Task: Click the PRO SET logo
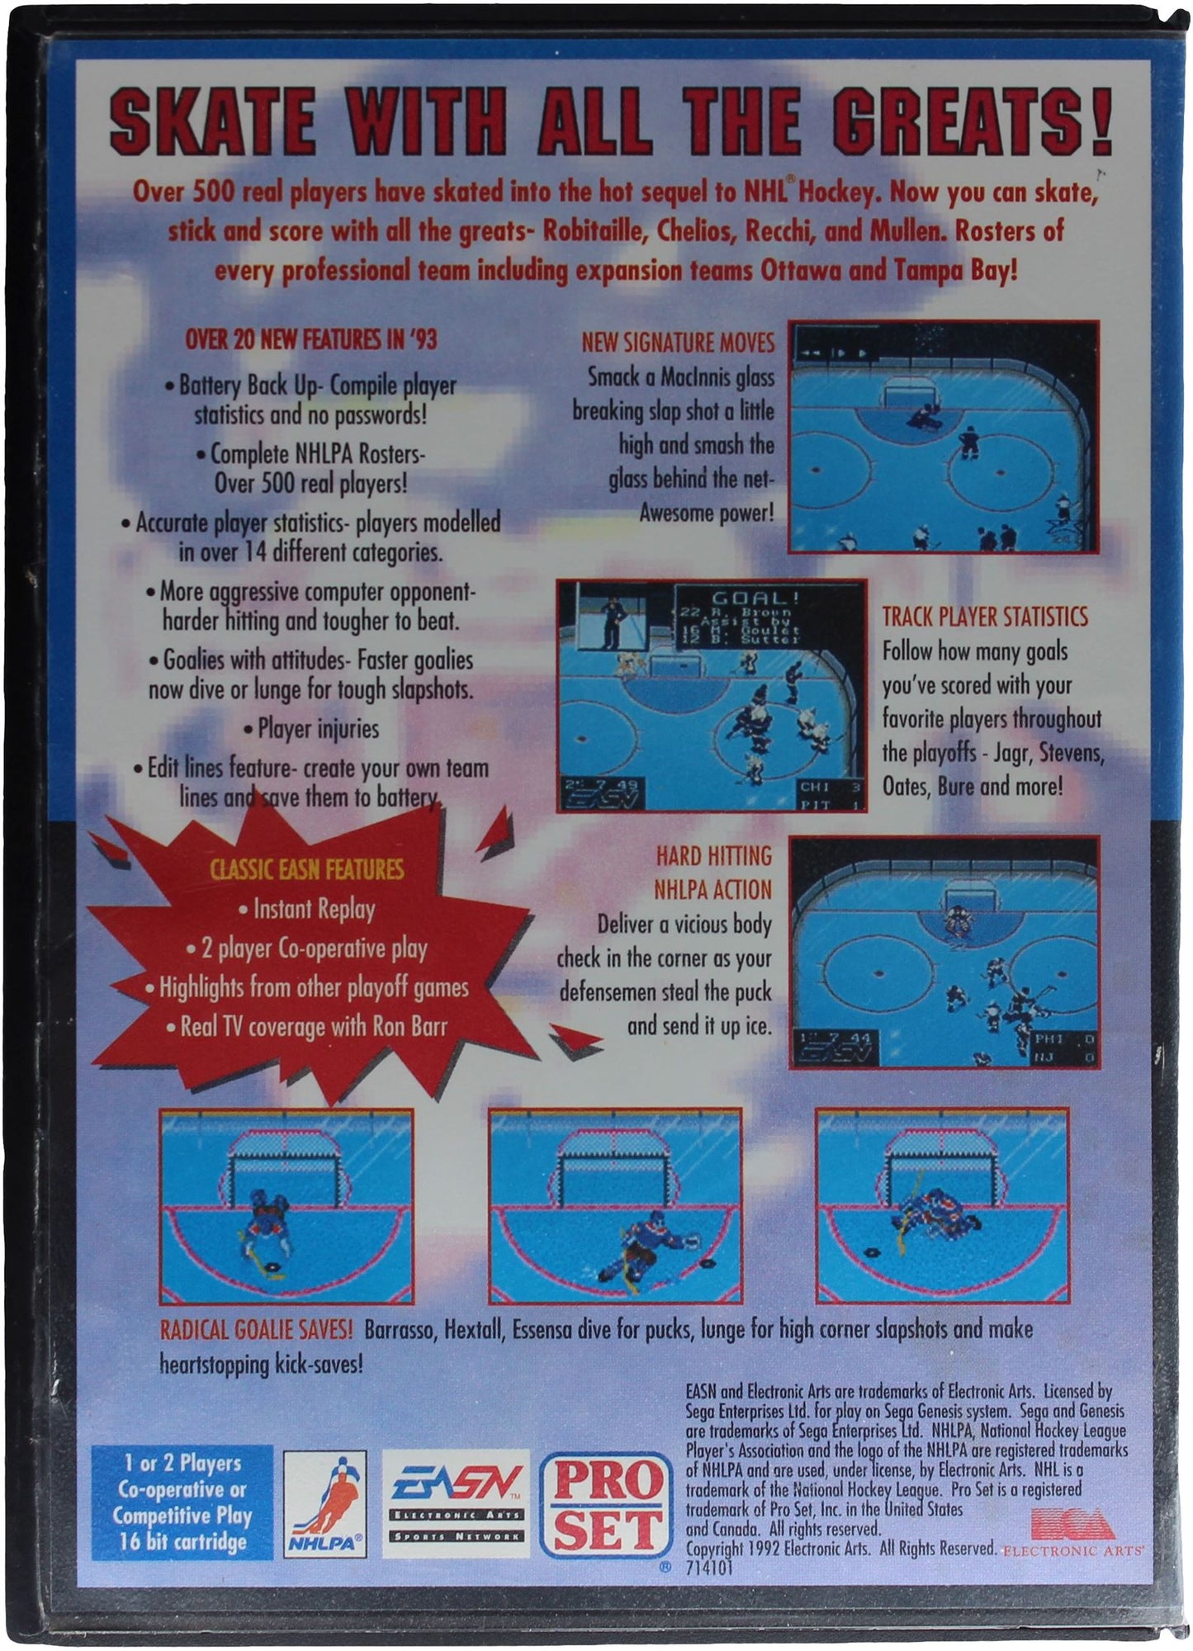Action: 604,1505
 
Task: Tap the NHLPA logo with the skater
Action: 326,1504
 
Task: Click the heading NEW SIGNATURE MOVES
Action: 678,343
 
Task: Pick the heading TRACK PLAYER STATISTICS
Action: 985,617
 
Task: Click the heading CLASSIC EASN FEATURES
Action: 306,869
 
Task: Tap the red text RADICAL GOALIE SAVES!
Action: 256,1329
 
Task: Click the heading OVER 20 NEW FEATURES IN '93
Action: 310,339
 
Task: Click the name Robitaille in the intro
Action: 594,230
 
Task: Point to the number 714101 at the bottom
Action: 708,1568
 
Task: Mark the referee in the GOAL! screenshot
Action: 611,619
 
